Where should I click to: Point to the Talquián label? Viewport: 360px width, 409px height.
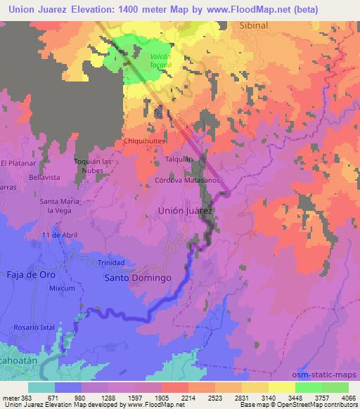click(179, 160)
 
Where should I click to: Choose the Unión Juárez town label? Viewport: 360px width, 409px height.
click(186, 209)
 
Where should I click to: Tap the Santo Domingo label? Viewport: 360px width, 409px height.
click(138, 278)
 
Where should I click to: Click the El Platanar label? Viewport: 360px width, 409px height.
click(18, 163)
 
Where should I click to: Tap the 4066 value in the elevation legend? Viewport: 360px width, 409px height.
click(348, 397)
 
